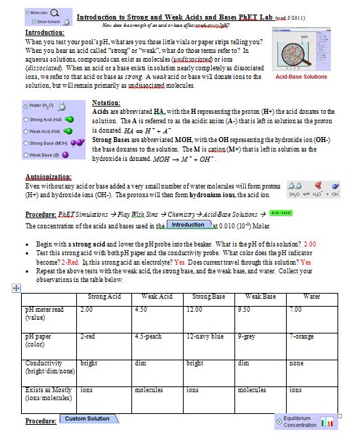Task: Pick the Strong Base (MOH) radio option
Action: click(x=27, y=143)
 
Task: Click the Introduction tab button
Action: click(x=187, y=225)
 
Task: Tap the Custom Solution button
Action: click(x=88, y=419)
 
